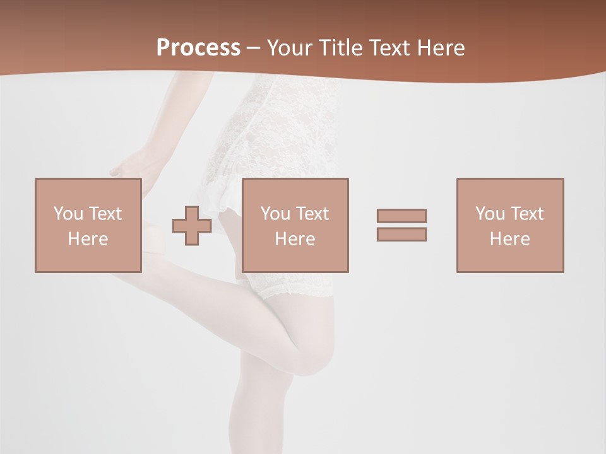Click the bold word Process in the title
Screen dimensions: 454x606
pos(198,48)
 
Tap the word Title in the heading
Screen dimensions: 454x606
pos(341,48)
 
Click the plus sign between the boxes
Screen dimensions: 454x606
pos(192,226)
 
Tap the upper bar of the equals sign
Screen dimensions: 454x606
pos(401,216)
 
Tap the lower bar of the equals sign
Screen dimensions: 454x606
pos(401,235)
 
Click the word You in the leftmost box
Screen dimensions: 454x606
pos(68,214)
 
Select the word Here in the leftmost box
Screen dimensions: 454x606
pos(88,239)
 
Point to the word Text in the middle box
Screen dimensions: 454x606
pos(312,214)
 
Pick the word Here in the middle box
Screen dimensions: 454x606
pos(295,239)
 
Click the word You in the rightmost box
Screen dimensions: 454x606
pos(490,214)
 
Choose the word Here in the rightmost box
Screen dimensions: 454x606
pos(509,239)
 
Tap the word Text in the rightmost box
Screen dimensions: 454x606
pos(526,214)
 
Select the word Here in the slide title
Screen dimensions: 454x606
pos(442,48)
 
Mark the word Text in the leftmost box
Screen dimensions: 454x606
pos(105,214)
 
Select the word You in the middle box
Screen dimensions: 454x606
pos(275,214)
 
